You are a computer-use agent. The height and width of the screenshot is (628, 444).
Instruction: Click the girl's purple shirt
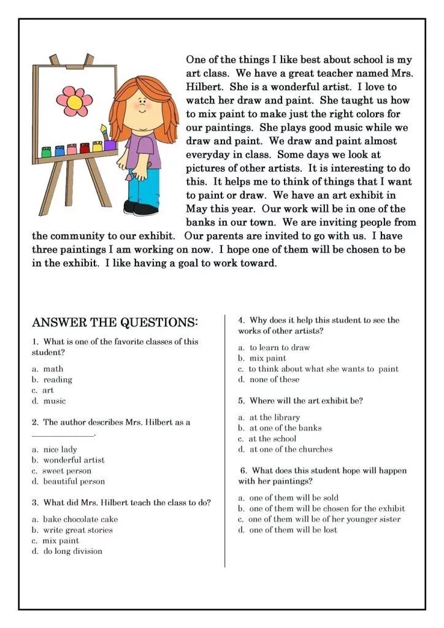[x=147, y=150]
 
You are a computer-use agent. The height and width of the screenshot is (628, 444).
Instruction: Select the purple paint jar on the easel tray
[x=110, y=145]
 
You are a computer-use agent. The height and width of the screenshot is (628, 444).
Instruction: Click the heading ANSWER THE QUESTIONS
[x=115, y=323]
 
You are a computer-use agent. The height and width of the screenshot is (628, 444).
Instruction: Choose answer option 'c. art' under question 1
[x=43, y=390]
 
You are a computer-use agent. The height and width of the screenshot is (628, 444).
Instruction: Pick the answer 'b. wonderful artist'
[x=68, y=460]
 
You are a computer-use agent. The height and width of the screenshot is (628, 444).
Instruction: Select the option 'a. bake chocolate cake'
[x=75, y=519]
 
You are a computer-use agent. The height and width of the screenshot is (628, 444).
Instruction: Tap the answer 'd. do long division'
[x=67, y=551]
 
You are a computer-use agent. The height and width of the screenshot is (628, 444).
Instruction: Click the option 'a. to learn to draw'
[x=274, y=348]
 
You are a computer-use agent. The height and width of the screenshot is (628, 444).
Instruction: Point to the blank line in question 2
[x=63, y=435]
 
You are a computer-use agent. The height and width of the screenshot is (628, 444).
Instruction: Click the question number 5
[x=242, y=401]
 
